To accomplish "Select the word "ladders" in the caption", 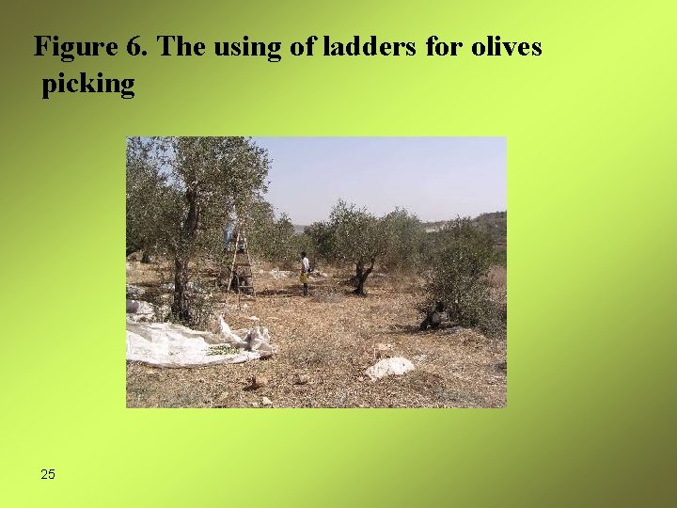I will (x=362, y=47).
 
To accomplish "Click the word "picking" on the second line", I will (x=88, y=85).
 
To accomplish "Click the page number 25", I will (x=48, y=474).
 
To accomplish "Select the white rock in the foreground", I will (x=389, y=367).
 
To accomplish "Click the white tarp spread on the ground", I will (x=179, y=343).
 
